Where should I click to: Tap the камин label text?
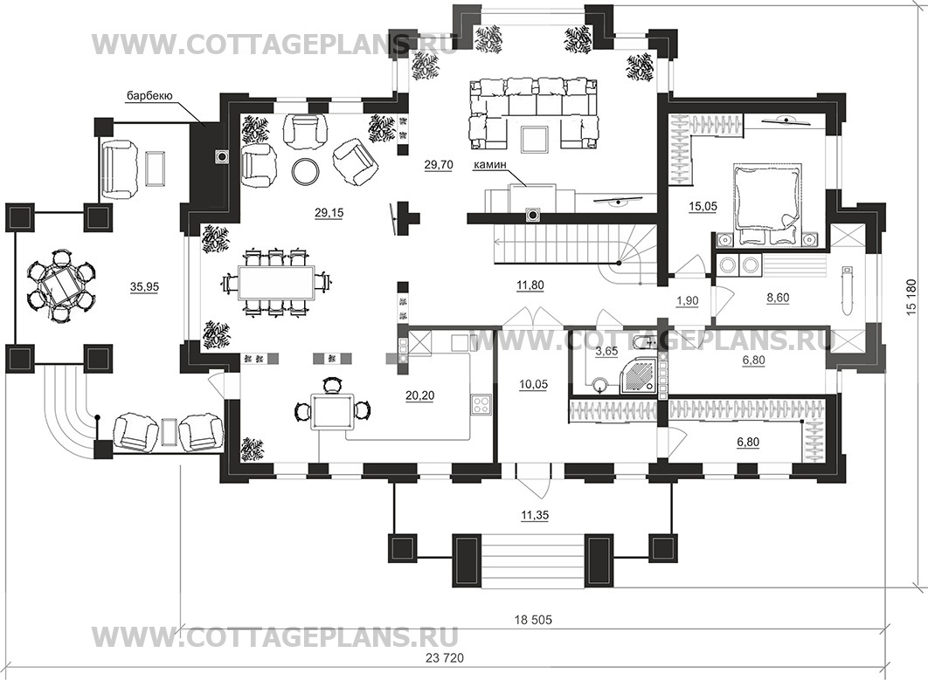pyautogui.click(x=489, y=166)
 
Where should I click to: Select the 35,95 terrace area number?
pyautogui.click(x=144, y=287)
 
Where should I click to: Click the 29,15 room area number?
pyautogui.click(x=329, y=213)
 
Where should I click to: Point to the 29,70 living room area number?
pyautogui.click(x=439, y=165)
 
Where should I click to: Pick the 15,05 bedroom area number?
pyautogui.click(x=703, y=206)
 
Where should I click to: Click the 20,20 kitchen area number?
pyautogui.click(x=419, y=395)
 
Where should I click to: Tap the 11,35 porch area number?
pyautogui.click(x=535, y=516)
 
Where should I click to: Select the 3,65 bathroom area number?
pyautogui.click(x=606, y=351)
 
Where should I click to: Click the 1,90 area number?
pyautogui.click(x=687, y=300)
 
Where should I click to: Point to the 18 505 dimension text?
pyautogui.click(x=533, y=620)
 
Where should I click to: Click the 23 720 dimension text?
pyautogui.click(x=446, y=657)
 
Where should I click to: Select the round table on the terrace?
pyautogui.click(x=59, y=285)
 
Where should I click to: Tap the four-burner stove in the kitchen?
pyautogui.click(x=481, y=404)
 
